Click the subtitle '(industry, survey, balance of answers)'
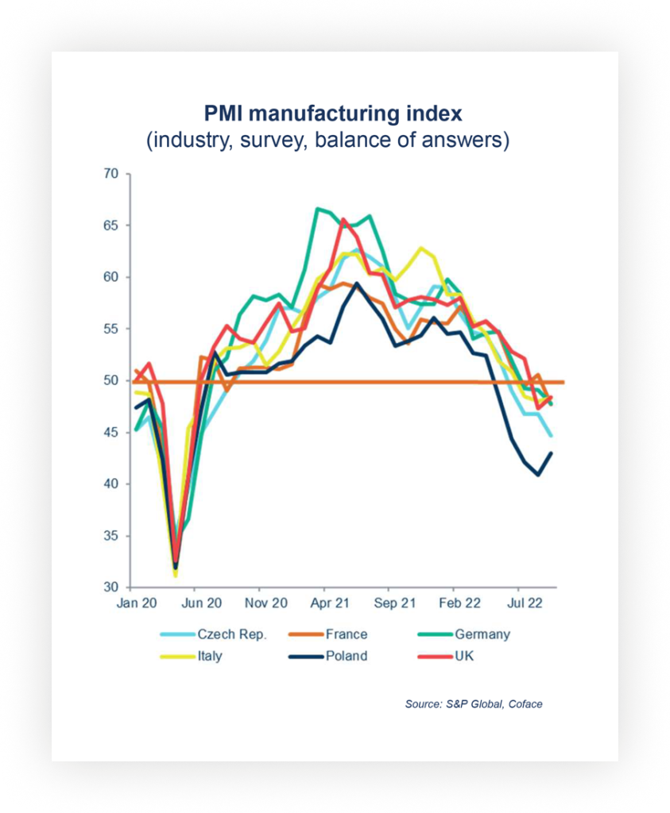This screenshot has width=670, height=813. (327, 141)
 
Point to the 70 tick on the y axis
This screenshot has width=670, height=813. (110, 174)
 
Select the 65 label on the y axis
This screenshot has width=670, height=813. (110, 225)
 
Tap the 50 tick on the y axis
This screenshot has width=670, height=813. (110, 381)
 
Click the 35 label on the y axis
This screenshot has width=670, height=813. (110, 536)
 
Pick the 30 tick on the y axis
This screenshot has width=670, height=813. (110, 588)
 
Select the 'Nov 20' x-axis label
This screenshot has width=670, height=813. (265, 603)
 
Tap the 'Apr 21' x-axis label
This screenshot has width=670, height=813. (330, 603)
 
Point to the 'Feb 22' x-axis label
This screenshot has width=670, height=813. (459, 603)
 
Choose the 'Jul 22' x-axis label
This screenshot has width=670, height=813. (525, 603)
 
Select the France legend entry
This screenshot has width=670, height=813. (346, 634)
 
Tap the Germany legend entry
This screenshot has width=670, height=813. (482, 634)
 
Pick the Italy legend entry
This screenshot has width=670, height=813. (209, 657)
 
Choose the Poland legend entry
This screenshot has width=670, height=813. (346, 657)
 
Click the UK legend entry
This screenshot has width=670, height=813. (464, 657)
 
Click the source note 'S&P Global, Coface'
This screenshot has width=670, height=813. (474, 704)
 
